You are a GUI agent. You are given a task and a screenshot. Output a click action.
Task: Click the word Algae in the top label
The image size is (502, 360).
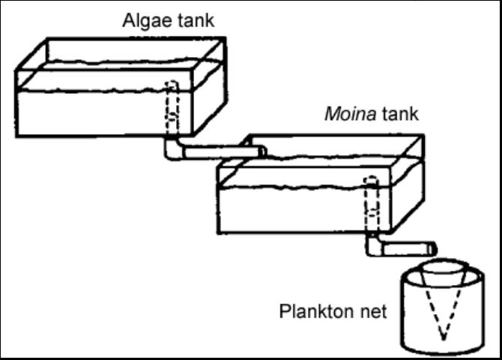pyautogui.click(x=146, y=20)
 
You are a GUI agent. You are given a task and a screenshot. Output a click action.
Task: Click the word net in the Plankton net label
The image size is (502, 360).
pyautogui.click(x=372, y=310)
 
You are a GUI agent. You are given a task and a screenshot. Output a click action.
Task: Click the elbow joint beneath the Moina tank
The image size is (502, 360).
pyautogui.click(x=373, y=245)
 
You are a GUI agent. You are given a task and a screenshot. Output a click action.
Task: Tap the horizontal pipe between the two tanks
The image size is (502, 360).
pyautogui.click(x=221, y=151)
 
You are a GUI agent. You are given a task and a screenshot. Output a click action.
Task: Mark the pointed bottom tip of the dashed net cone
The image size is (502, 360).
pyautogui.click(x=444, y=336)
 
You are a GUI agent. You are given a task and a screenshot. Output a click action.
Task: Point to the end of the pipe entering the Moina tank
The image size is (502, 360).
pyautogui.click(x=261, y=151)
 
